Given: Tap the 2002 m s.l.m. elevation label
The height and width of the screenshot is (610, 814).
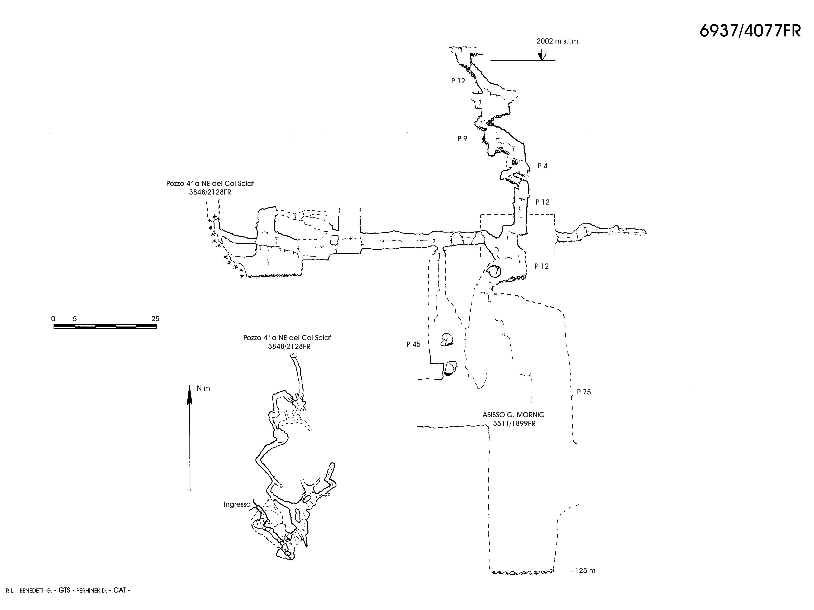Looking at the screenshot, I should (558, 41).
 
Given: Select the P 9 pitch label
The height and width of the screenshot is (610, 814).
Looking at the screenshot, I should (462, 138).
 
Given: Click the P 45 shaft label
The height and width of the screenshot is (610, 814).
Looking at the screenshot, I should (413, 344).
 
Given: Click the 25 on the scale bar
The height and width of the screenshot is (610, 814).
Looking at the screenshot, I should (155, 318).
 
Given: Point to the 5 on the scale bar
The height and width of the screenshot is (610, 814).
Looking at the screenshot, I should (75, 318).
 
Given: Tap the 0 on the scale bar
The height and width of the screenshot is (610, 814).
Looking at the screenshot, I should (53, 318).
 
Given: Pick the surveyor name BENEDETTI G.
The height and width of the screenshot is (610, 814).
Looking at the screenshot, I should (36, 590).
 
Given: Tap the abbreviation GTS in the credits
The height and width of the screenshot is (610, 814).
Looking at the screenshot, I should (64, 590).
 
